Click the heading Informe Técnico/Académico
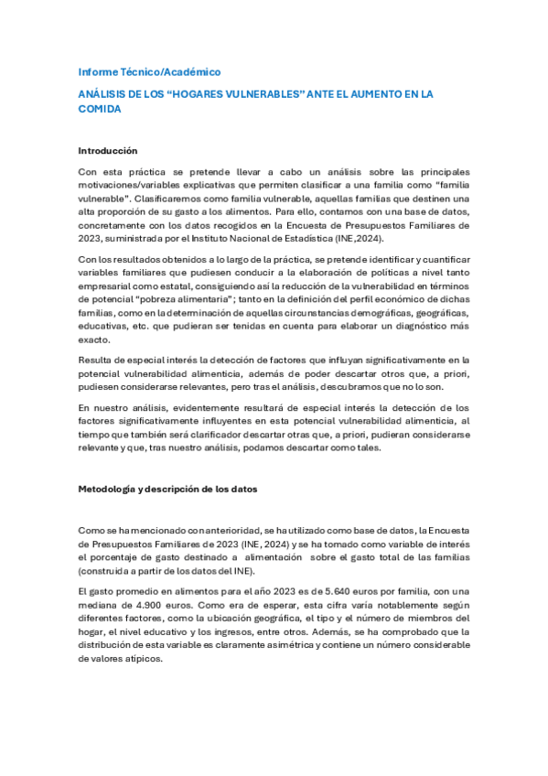149,71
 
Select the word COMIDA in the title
99,108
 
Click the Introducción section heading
107,150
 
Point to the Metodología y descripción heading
167,489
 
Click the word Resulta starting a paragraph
95,361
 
